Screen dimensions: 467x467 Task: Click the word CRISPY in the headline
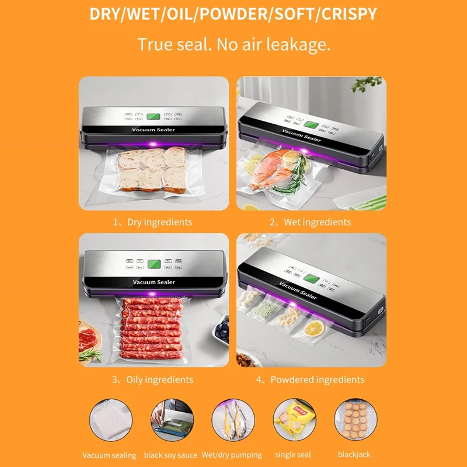pyautogui.click(x=347, y=14)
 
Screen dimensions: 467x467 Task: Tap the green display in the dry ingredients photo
pyautogui.click(x=154, y=117)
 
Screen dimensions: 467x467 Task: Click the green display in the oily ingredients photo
pyautogui.click(x=154, y=265)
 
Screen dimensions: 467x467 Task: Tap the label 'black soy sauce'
pyautogui.click(x=170, y=455)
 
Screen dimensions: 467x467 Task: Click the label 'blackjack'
pyautogui.click(x=354, y=455)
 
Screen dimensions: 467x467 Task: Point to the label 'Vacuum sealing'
pyautogui.click(x=109, y=455)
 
